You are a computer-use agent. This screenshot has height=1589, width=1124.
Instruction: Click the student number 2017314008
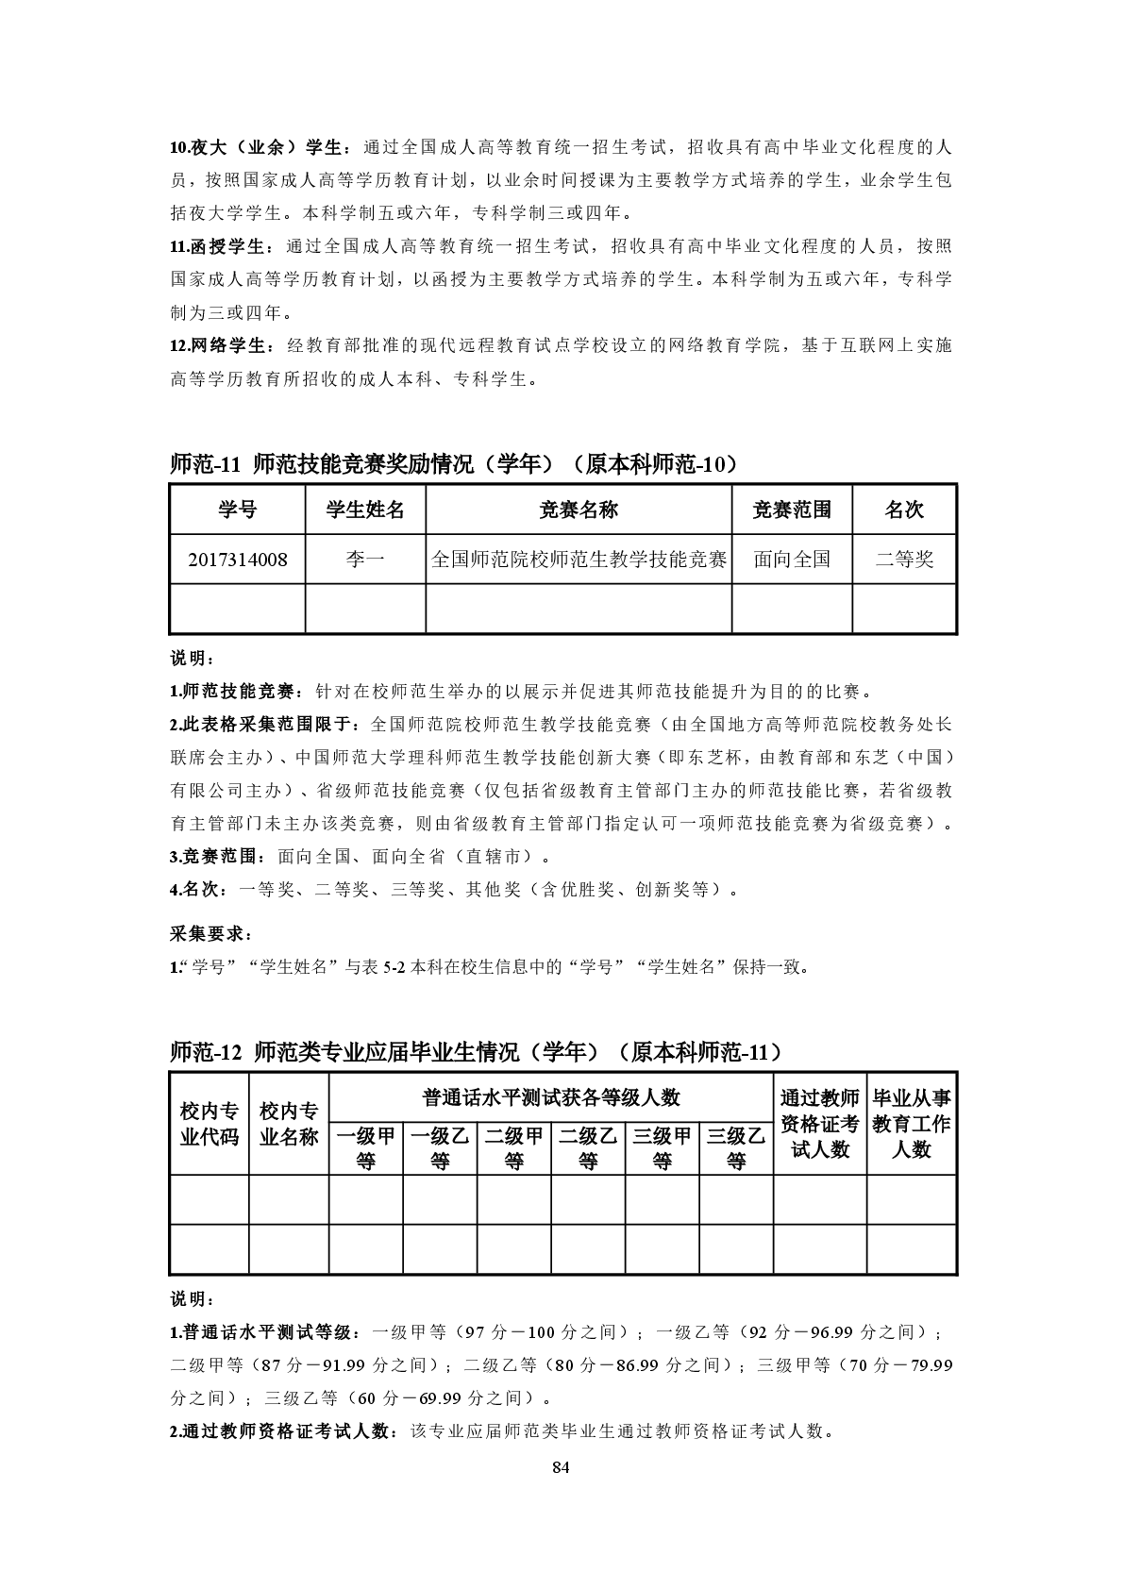click(x=238, y=560)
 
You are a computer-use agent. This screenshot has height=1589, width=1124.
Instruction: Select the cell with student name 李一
click(x=365, y=560)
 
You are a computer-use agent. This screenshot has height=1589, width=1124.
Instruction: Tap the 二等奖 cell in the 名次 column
click(x=904, y=560)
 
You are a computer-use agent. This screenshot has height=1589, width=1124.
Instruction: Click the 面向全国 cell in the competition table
click(x=792, y=560)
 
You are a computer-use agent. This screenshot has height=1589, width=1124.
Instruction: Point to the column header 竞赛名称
click(x=579, y=510)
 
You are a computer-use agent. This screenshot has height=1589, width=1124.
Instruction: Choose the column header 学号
click(x=238, y=510)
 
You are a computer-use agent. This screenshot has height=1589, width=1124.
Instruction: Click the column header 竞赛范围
click(x=792, y=510)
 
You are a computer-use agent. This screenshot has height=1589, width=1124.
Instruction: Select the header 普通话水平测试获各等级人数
click(x=551, y=1098)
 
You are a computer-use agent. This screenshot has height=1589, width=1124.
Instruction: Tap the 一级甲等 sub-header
click(x=366, y=1147)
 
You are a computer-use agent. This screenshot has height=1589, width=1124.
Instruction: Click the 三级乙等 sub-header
click(x=736, y=1147)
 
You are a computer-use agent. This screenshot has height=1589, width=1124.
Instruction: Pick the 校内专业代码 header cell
click(x=210, y=1124)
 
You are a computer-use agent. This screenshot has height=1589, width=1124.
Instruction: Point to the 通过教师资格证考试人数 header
click(x=819, y=1124)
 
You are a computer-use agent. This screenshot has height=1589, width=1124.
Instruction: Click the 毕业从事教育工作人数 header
click(x=912, y=1124)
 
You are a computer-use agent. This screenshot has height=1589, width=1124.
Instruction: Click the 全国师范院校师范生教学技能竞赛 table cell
click(x=579, y=560)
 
